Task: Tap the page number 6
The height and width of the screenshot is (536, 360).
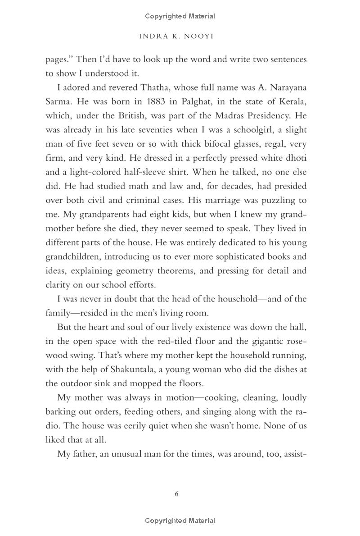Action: (x=176, y=494)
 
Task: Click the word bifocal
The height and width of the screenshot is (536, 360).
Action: (x=219, y=144)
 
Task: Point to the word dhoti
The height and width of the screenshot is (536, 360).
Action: (x=295, y=158)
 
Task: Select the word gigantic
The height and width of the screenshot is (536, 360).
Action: (x=263, y=342)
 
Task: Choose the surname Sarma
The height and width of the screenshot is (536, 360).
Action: (x=58, y=101)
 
